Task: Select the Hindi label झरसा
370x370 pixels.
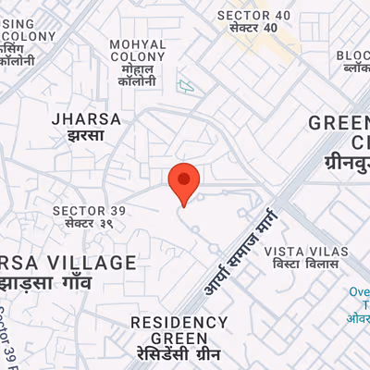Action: pyautogui.click(x=79, y=135)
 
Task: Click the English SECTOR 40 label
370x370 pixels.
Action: pyautogui.click(x=248, y=15)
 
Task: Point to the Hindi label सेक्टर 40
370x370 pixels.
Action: pyautogui.click(x=247, y=29)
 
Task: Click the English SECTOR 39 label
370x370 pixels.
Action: pyautogui.click(x=85, y=210)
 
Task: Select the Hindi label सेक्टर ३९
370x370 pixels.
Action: pyautogui.click(x=85, y=224)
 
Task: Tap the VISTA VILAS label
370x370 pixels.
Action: pyautogui.click(x=306, y=252)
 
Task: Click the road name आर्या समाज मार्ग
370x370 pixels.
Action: pyautogui.click(x=239, y=253)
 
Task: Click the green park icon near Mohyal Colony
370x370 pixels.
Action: pyautogui.click(x=187, y=87)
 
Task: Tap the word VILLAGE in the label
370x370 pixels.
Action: pyautogui.click(x=91, y=263)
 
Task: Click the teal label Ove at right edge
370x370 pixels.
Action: pyautogui.click(x=359, y=291)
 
